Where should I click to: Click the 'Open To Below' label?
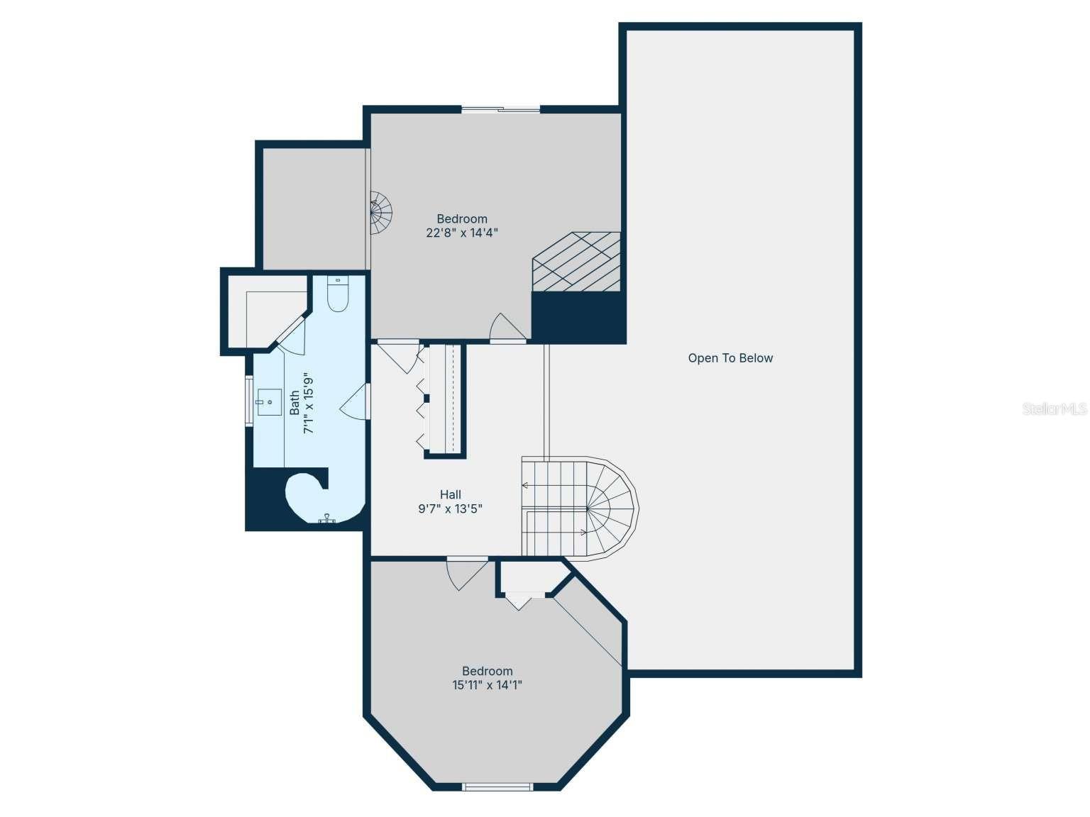730,358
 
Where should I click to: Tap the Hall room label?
451,494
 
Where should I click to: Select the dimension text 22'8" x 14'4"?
462,233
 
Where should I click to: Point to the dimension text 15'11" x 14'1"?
488,685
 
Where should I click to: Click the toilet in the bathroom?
338,294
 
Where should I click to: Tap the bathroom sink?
269,402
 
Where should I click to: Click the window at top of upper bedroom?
501,109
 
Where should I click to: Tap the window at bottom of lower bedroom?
497,786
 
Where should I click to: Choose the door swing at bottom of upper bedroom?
507,328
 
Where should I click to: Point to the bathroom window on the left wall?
249,401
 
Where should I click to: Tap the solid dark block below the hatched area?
578,317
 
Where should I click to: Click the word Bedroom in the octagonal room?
488,671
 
